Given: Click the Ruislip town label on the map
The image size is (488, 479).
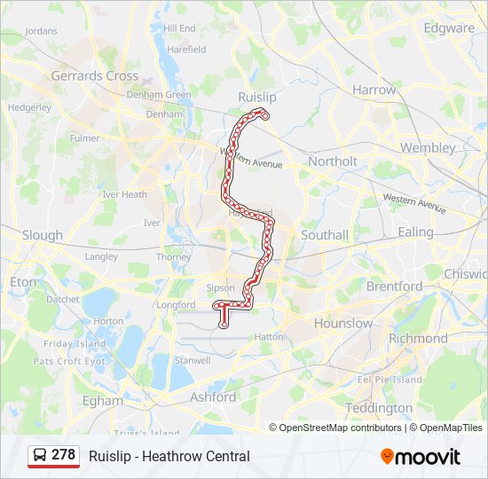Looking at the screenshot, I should coord(257,96).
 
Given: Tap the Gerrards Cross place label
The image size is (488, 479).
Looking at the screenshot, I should coord(95,76).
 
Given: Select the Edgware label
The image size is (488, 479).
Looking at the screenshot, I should coord(449,27).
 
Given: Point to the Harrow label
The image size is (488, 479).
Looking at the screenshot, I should coord(374,90).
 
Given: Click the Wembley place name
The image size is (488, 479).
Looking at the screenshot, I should coord(428,147).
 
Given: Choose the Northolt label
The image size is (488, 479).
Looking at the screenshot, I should coord(333,161).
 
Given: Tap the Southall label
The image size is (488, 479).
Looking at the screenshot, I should coord(325,235).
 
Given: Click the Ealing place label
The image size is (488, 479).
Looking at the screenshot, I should coord(415,232).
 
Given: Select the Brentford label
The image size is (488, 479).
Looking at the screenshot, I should coord(394,287).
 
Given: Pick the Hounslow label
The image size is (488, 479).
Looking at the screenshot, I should coord(343,323).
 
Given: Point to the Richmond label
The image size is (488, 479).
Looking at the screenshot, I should coord(418,338).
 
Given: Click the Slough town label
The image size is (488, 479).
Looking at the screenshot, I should coord(43,235).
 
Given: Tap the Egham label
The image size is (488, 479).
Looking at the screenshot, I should coord(103,400).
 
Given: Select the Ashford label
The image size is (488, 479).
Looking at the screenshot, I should coord(213,397).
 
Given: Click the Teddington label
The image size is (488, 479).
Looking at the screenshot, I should coord(379,408).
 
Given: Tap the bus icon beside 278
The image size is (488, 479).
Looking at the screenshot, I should coord(40,455).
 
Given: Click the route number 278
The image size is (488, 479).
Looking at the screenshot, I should coord(64,455).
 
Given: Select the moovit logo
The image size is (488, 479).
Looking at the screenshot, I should coord(421,457).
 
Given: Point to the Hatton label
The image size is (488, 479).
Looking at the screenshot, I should coord(270,337).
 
